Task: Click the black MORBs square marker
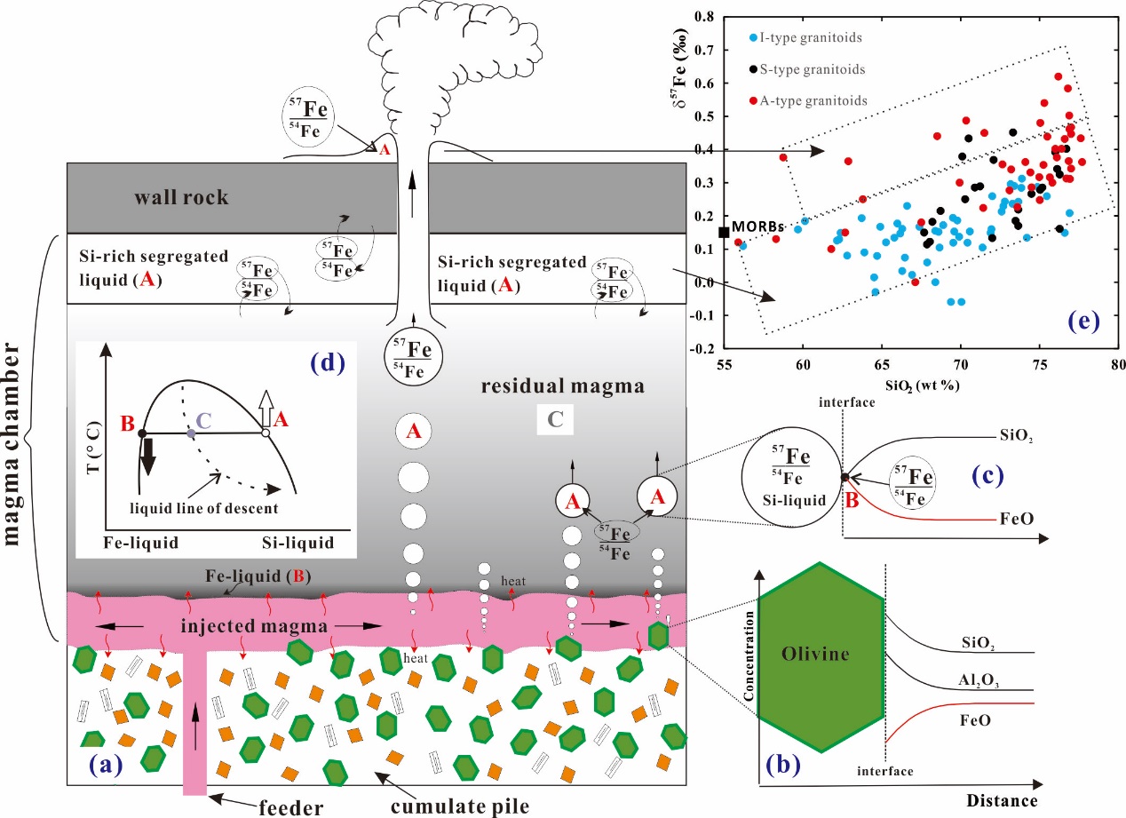(x=725, y=232)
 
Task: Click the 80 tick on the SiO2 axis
(x=1117, y=364)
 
